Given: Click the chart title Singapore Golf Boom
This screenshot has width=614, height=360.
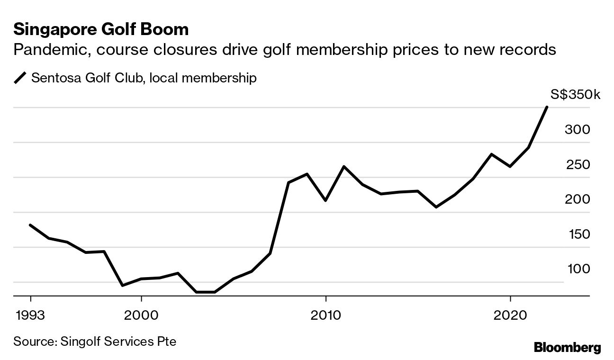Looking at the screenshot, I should coord(101,30).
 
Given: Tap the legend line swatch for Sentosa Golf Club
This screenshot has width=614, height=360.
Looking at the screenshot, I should coord(21,78).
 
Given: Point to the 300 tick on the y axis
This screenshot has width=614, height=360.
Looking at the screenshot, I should coord(577,130).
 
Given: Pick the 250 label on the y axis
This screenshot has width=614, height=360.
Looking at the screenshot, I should coord(577,165).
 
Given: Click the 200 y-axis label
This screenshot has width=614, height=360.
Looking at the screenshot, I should coord(577,199).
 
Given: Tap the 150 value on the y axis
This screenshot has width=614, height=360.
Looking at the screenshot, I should coord(577,234).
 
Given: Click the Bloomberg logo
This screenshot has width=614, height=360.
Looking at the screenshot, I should coord(567,347).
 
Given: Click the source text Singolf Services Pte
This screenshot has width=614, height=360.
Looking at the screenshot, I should coord(118,341).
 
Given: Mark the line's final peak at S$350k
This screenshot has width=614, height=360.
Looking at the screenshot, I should coord(547,107).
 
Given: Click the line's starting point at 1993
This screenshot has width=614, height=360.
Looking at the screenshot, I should coord(31,225).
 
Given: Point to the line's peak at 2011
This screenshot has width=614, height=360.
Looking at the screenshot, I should coord(343,166).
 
